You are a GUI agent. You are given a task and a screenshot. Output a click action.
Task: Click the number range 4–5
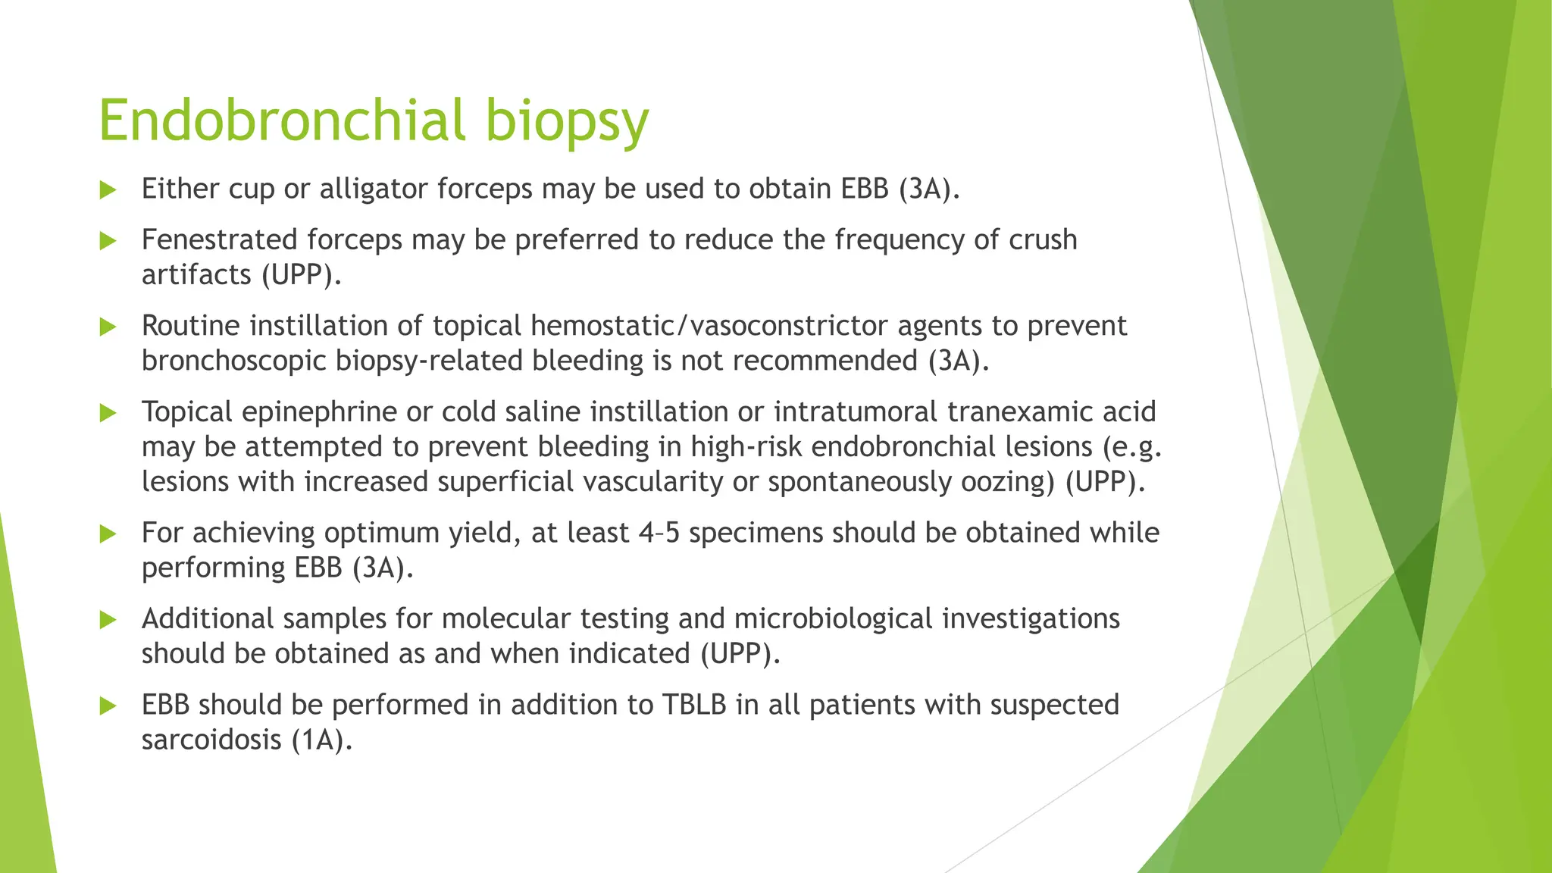tap(659, 533)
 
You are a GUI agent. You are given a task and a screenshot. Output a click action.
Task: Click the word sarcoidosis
tap(211, 740)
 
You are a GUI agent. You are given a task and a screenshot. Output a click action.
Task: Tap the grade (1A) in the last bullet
tap(322, 740)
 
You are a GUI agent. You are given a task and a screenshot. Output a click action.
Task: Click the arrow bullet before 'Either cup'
tap(108, 189)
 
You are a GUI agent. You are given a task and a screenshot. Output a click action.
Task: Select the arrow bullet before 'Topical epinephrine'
tap(108, 413)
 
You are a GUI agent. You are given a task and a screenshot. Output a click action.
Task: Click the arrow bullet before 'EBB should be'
tap(108, 706)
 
